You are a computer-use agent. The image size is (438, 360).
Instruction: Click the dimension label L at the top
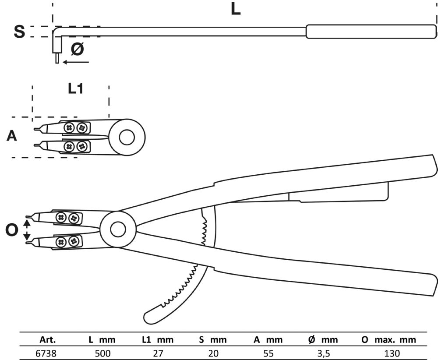[x=236, y=10]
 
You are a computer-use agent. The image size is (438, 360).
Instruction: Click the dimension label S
[x=19, y=32]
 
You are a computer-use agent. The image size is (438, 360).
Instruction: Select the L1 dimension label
[x=75, y=88]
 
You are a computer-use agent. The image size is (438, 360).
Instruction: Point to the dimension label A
[x=12, y=136]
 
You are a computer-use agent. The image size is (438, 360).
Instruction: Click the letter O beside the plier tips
[x=12, y=229]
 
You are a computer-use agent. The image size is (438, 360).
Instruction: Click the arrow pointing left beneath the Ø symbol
[x=75, y=62]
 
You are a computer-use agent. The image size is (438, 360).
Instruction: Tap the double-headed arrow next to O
[x=27, y=230]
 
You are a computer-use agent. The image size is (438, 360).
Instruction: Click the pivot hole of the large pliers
[x=117, y=229]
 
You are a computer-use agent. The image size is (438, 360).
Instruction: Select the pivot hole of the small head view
[x=127, y=137]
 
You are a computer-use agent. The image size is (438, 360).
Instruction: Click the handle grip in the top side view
[x=371, y=32]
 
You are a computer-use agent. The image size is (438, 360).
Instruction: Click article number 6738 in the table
[x=44, y=353]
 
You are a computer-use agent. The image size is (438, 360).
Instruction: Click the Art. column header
[x=48, y=339]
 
